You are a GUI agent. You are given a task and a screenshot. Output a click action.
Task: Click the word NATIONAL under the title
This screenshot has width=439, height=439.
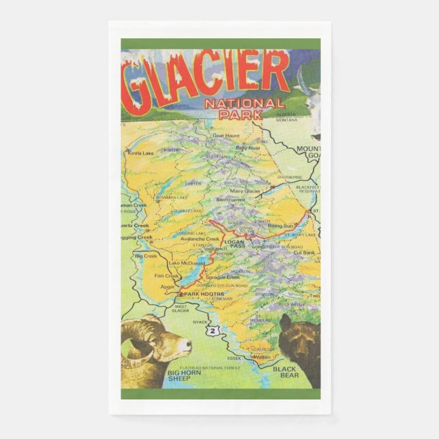(x=243, y=104)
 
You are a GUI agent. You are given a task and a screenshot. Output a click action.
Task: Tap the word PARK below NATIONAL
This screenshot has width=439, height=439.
(x=241, y=115)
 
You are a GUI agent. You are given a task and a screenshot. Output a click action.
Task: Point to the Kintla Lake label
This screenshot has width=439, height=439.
(x=140, y=153)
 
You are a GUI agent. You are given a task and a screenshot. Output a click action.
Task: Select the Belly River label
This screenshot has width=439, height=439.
(x=247, y=148)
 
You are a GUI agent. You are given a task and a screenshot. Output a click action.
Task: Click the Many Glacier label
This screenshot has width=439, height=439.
(x=245, y=192)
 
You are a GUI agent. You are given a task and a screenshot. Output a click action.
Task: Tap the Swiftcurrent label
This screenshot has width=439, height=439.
(x=230, y=200)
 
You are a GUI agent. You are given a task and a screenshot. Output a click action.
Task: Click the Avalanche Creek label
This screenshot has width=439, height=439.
(x=200, y=239)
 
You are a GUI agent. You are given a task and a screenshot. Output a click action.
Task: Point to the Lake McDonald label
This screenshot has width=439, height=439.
(x=186, y=263)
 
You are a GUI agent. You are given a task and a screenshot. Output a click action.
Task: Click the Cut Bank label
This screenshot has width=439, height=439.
(x=303, y=253)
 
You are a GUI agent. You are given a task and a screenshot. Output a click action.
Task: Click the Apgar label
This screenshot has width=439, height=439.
(x=166, y=288)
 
